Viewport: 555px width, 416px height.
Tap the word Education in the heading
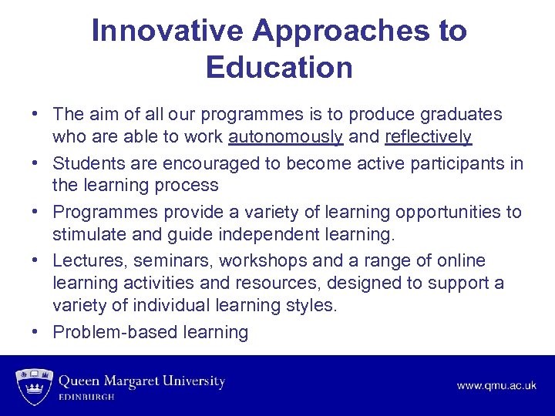(x=279, y=67)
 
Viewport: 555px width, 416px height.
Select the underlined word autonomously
(x=285, y=137)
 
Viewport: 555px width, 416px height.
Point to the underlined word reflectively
(x=428, y=137)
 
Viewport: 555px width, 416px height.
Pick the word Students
(x=84, y=163)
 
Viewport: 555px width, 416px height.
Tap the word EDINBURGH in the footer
(x=87, y=397)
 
